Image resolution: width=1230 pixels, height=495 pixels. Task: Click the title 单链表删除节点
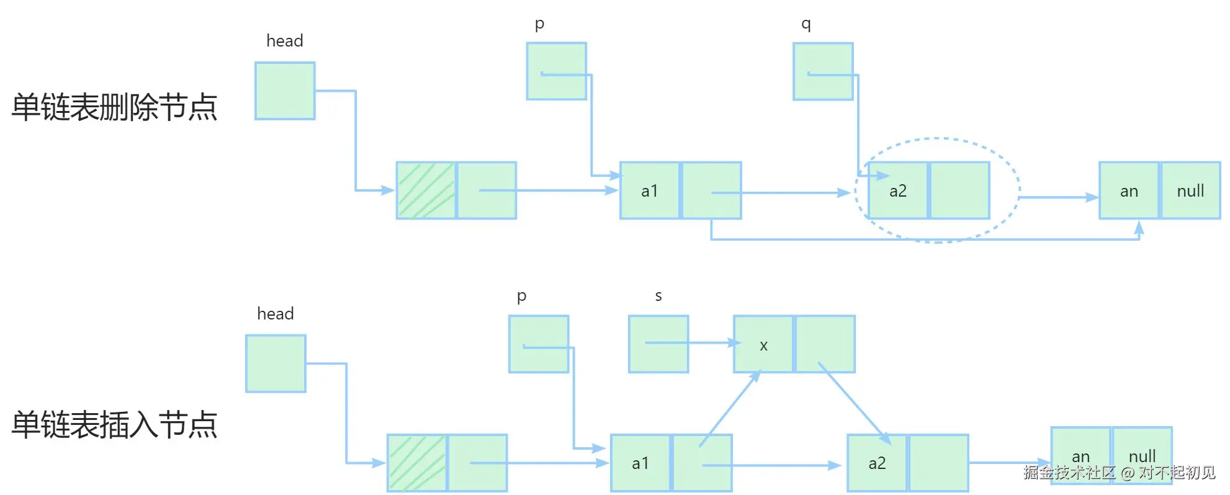[114, 107]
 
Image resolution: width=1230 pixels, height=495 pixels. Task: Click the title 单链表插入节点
[114, 425]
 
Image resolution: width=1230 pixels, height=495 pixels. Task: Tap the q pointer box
[823, 71]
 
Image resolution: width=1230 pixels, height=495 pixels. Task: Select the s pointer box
[658, 344]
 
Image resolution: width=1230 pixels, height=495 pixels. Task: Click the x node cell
[763, 344]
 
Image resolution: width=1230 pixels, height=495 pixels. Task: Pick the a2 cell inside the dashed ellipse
[898, 190]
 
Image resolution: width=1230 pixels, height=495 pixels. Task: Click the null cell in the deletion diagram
[1190, 190]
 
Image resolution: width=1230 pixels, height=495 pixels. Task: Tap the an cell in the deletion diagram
[1129, 190]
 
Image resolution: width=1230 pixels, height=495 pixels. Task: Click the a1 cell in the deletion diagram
[650, 190]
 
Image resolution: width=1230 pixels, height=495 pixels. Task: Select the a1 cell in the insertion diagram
[640, 463]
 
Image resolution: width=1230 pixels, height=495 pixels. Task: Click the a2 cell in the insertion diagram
[877, 463]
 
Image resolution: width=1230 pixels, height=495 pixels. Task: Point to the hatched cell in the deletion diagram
[426, 190]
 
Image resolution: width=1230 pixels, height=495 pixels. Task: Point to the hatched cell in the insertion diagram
[417, 463]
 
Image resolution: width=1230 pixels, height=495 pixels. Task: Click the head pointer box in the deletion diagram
[285, 91]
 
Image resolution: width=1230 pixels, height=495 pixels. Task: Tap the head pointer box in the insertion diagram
[276, 363]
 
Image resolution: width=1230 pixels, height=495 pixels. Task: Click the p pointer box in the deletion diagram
[556, 71]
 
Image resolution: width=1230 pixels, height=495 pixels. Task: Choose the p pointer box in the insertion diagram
[539, 344]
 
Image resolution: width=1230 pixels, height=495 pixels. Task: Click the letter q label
[806, 24]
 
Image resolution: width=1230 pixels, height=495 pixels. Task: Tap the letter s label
[658, 296]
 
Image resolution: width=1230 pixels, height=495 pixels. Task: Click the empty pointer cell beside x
[825, 344]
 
